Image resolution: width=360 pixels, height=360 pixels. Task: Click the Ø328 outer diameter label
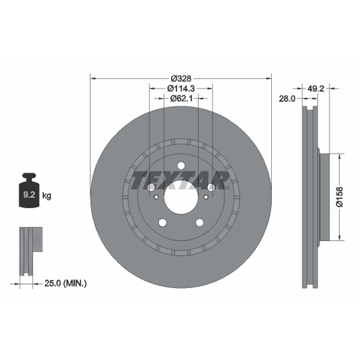click(181, 78)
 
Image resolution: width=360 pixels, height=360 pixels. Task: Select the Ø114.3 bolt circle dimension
click(181, 88)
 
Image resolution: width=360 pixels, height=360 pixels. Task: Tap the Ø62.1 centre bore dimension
click(182, 99)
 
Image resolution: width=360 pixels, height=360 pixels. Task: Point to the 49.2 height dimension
click(316, 88)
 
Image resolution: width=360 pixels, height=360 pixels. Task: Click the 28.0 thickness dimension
click(287, 99)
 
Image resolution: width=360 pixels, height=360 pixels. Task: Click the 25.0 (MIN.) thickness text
click(66, 283)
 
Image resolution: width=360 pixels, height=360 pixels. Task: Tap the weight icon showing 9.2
click(29, 190)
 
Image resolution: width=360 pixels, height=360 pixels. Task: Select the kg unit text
click(47, 195)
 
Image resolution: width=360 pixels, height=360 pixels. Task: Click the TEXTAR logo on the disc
click(180, 181)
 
